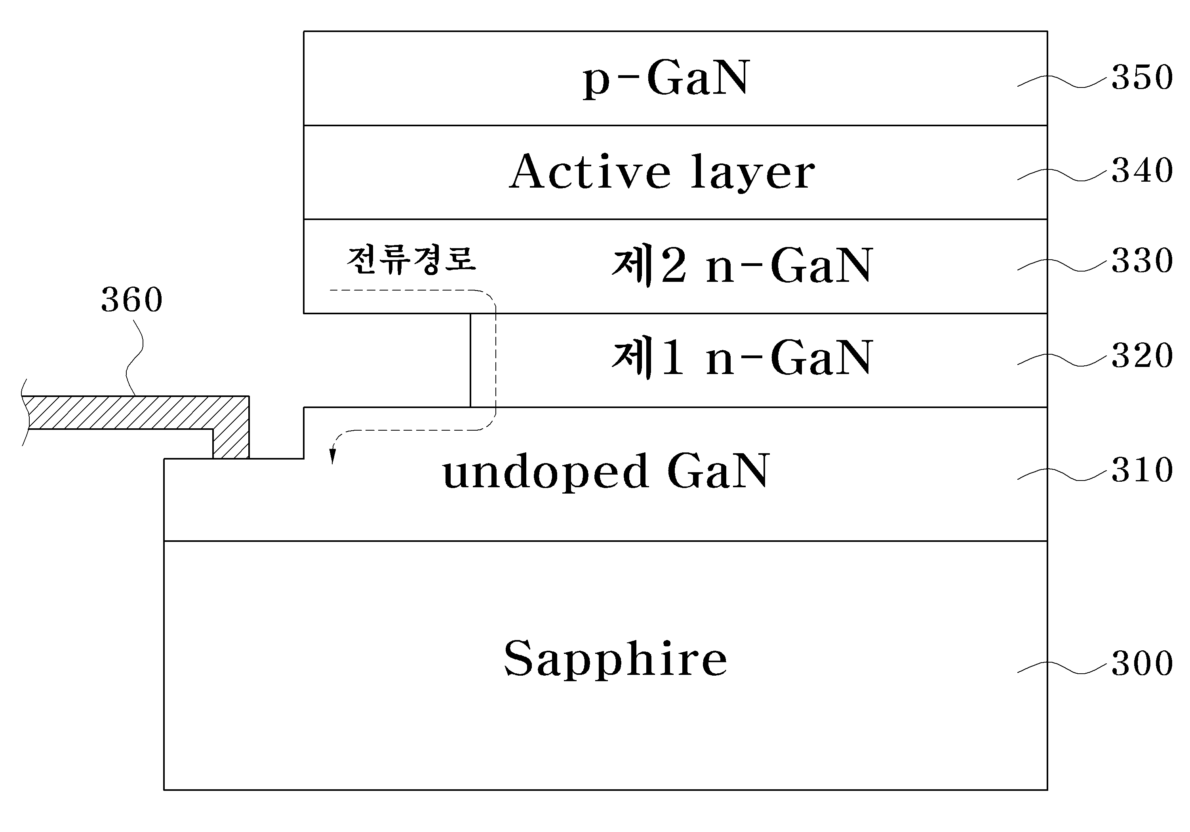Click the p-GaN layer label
coord(666,79)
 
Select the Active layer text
coord(662,172)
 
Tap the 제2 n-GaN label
coord(742,265)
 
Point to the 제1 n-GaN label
coord(742,357)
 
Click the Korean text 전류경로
coord(411,260)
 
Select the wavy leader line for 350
coord(1064,81)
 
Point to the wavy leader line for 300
coord(1064,668)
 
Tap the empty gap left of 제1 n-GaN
coord(387,360)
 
